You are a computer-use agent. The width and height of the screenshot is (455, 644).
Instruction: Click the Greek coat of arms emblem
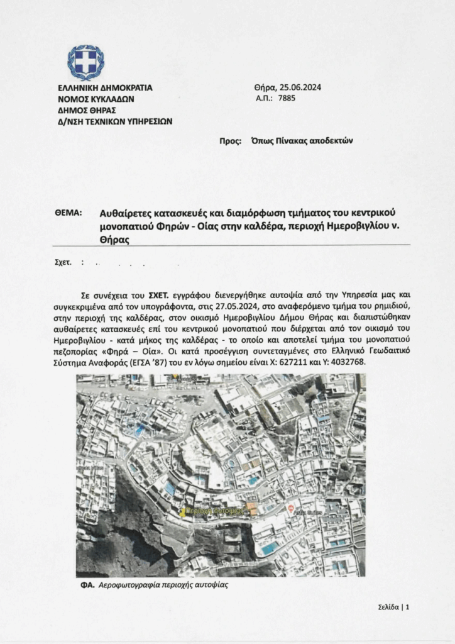(85, 62)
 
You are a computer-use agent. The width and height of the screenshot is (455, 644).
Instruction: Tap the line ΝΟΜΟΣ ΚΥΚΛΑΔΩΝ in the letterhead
(95, 99)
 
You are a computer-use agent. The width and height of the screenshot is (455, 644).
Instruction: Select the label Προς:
(230, 142)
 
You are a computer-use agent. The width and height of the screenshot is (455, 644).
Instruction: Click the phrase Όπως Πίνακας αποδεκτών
(302, 142)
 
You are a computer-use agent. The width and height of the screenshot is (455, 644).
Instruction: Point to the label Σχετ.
(63, 261)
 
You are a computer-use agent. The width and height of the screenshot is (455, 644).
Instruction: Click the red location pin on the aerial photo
(290, 507)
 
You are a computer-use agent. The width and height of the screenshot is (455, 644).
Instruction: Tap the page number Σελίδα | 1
(394, 608)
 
